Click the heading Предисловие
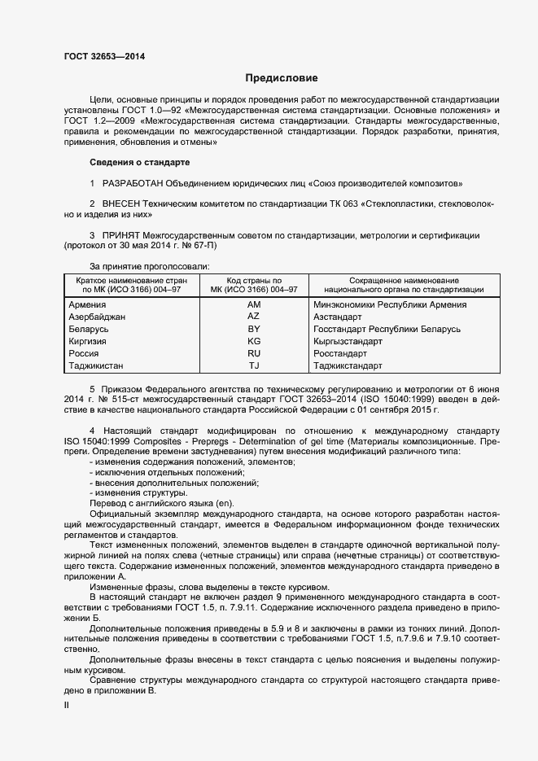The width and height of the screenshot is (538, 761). tap(282, 78)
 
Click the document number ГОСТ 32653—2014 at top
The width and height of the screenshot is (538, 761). tap(106, 56)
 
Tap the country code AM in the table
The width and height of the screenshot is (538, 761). tap(254, 304)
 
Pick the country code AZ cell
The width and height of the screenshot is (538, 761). tap(254, 317)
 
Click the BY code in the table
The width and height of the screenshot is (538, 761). tap(254, 329)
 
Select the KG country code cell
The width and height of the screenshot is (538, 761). tap(254, 341)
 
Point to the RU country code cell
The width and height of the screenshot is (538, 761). tap(254, 353)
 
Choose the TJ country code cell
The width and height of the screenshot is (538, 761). tap(254, 366)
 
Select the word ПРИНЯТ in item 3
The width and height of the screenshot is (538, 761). tap(122, 235)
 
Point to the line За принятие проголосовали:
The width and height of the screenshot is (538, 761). tap(150, 266)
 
